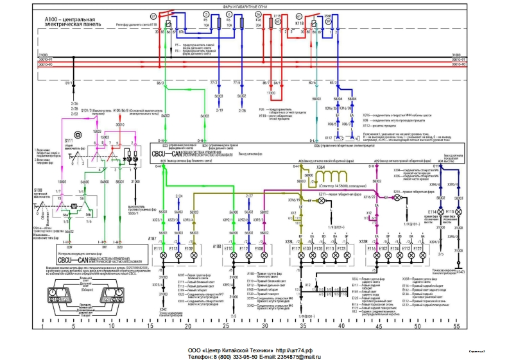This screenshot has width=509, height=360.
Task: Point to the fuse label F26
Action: (x=258, y=20)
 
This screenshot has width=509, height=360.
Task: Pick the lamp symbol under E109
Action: (x=188, y=256)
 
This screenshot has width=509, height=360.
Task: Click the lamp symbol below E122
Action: (x=418, y=256)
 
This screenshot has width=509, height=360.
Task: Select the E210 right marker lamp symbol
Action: (x=396, y=199)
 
